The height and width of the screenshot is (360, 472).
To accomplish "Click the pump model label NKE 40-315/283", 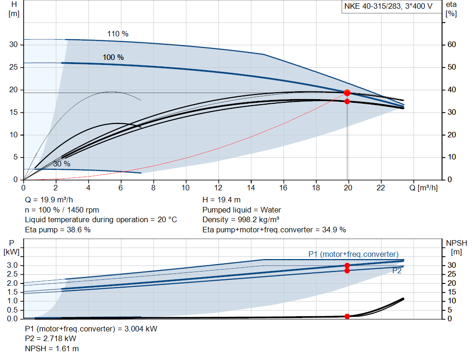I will tap(388, 6).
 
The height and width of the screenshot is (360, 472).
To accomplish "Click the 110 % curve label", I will tap(118, 34).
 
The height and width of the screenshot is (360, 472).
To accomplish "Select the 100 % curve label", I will tap(113, 57).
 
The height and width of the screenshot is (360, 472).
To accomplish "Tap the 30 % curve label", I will tap(61, 164).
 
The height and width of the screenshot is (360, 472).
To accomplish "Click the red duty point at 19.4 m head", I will tap(347, 93).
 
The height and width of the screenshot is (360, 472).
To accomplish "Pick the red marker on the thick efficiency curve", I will tap(347, 101).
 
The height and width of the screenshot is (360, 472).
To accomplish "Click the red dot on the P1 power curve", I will tap(347, 266).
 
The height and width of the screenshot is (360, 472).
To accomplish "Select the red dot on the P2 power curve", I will tap(347, 271).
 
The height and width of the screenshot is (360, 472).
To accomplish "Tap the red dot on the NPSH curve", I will tap(347, 316).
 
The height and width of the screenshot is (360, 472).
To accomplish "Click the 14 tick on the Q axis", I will tap(251, 188).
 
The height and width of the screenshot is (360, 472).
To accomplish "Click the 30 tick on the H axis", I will tap(13, 45).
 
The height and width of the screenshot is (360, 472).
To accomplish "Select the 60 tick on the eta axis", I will tap(451, 45).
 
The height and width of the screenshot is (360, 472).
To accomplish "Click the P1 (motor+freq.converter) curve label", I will tap(353, 254).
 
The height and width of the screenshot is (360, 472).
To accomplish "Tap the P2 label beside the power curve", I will tap(397, 271).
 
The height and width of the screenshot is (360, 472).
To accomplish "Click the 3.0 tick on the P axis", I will tap(13, 266).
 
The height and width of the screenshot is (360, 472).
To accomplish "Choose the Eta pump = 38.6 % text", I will tap(58, 229).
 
